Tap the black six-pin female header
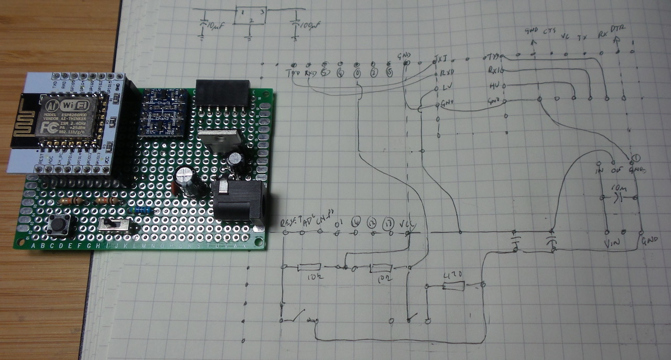pyautogui.click(x=222, y=93)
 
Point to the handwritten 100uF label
pyautogui.click(x=308, y=24)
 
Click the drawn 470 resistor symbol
pyautogui.click(x=453, y=286)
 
